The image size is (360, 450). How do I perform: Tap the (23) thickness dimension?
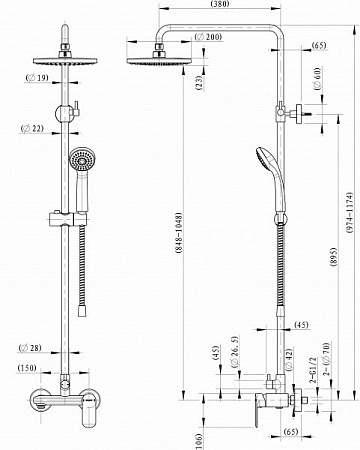click(x=199, y=83)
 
